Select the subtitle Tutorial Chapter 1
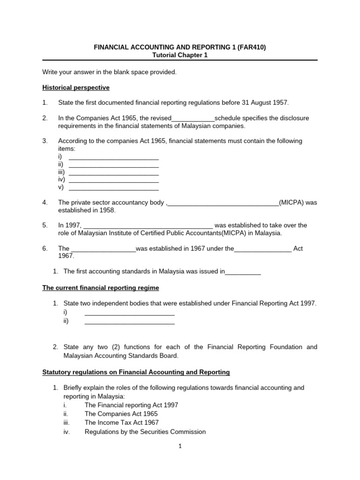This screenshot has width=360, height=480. tap(180, 55)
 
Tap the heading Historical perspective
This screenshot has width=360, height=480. tap(76, 87)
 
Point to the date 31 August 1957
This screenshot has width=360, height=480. tap(259, 103)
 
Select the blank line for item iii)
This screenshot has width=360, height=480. tap(113, 172)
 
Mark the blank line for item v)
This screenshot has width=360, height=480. tap(113, 187)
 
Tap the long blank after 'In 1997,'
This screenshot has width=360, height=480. tap(148, 225)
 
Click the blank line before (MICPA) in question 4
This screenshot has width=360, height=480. tap(223, 203)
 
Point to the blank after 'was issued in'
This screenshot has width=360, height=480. tap(243, 272)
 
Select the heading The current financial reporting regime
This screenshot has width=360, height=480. tap(101, 287)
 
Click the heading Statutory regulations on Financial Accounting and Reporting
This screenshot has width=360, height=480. tap(136, 372)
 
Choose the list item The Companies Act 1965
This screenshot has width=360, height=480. tap(121, 414)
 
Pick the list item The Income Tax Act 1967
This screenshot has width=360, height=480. tap(122, 423)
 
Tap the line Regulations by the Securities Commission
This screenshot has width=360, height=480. tap(145, 432)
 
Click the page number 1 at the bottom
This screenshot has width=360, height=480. tap(180, 447)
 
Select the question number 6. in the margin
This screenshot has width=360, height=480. tap(45, 248)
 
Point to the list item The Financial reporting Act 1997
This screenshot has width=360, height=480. tap(131, 405)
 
